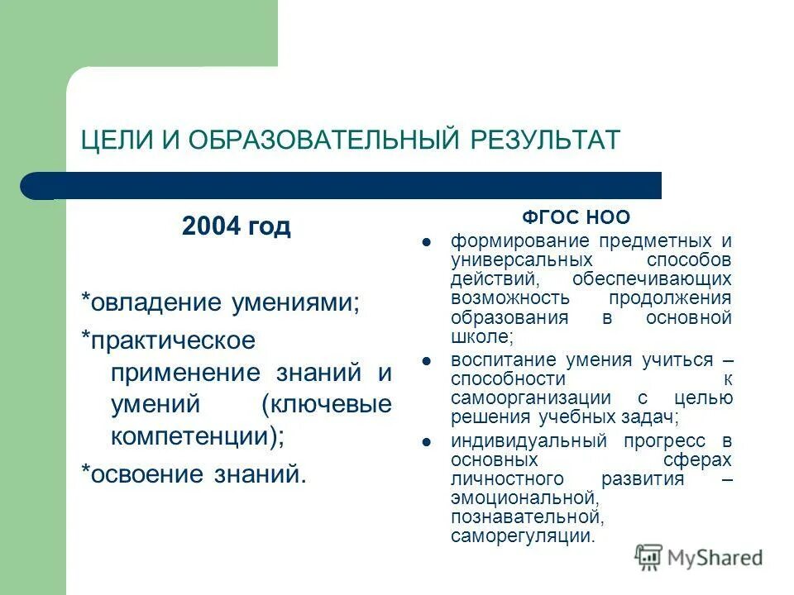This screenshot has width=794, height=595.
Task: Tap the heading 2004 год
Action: pos(237,226)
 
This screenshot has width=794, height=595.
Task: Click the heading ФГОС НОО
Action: pos(576,217)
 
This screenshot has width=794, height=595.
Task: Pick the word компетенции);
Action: pos(197,436)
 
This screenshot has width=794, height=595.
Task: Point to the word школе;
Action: pos(482,337)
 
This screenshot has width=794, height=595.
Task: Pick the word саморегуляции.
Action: pos(522,535)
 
